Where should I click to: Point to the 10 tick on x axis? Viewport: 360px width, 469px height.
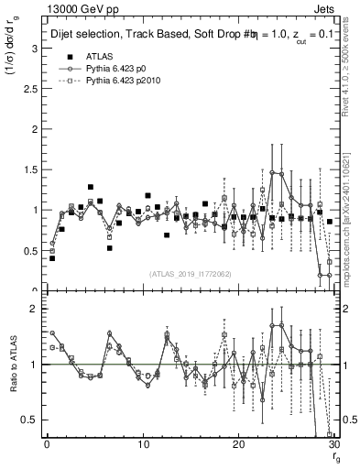pyautogui.click(x=143, y=444)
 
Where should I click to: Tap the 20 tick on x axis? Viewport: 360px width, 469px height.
pyautogui.click(x=238, y=444)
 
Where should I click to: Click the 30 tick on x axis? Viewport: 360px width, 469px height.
pyautogui.click(x=333, y=444)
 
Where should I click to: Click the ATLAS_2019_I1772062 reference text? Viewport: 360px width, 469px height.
pyautogui.click(x=190, y=275)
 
